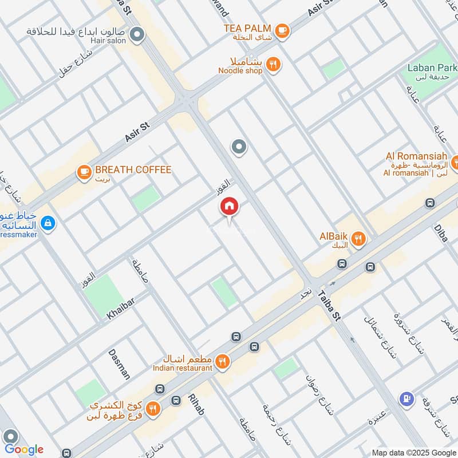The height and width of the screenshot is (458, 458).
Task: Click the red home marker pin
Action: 230,207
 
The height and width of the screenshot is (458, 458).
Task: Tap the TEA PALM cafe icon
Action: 281,30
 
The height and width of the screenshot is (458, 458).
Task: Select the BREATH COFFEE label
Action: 133,170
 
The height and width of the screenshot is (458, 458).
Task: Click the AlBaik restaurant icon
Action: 358,239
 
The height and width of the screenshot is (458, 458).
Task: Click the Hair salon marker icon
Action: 137,36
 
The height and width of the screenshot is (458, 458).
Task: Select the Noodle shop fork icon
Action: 274,65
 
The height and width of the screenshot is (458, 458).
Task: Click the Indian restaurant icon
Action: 223,361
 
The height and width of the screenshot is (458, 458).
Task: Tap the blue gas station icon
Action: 406,399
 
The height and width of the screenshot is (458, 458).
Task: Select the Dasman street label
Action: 119,363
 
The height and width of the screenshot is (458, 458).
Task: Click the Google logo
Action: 24,449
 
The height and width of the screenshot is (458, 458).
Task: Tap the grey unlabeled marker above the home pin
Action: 239,147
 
